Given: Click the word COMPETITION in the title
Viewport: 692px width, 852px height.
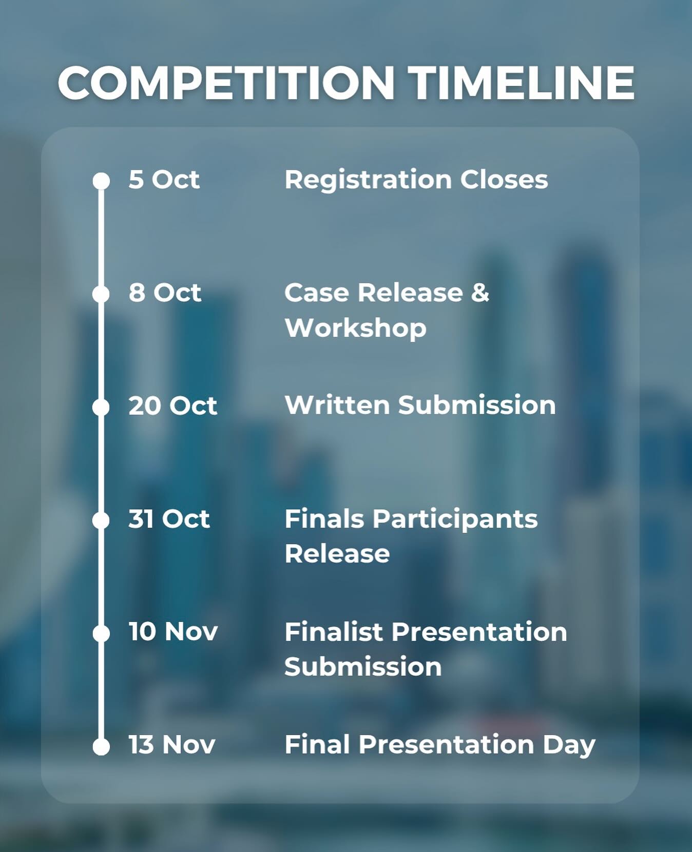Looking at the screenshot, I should click(x=226, y=83).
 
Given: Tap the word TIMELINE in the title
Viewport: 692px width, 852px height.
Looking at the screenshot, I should click(x=522, y=83).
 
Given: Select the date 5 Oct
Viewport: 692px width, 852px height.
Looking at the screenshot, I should click(x=164, y=180).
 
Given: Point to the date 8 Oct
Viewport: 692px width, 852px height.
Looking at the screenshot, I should click(x=165, y=293).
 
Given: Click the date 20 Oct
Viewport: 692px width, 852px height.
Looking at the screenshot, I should click(x=172, y=405).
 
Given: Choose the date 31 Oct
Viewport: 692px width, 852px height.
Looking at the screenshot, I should click(x=169, y=519).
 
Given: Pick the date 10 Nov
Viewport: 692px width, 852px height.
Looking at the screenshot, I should click(x=173, y=631).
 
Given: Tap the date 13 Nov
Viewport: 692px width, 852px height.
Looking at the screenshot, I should click(x=171, y=744).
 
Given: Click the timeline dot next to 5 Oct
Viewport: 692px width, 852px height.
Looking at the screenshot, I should click(x=101, y=181).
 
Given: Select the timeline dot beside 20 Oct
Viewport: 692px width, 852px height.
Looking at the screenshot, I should click(x=101, y=407).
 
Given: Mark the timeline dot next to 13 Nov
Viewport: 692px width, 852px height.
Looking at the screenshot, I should click(x=101, y=746).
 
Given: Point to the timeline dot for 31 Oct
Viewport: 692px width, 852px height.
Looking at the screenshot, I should click(x=101, y=520).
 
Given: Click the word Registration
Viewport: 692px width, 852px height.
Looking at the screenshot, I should click(x=368, y=180).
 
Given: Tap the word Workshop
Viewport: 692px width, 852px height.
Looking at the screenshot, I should click(x=355, y=328).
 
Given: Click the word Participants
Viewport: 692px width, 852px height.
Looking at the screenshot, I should click(x=455, y=519).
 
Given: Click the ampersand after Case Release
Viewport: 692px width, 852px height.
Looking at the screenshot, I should click(x=480, y=293).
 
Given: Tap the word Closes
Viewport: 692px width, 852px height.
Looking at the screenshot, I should click(x=504, y=180).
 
